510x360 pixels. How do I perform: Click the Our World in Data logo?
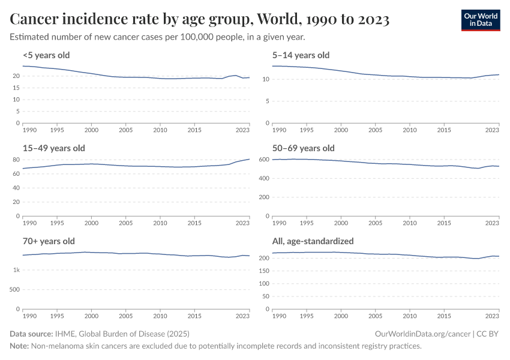pyautogui.click(x=480, y=20)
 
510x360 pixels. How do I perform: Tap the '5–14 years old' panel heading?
pyautogui.click(x=301, y=55)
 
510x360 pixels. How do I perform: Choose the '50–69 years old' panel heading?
pyautogui.click(x=303, y=148)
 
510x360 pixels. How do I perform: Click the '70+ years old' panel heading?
pyautogui.click(x=49, y=241)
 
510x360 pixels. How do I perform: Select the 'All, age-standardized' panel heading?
pyautogui.click(x=313, y=241)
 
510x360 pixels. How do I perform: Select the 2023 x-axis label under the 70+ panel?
pyautogui.click(x=242, y=316)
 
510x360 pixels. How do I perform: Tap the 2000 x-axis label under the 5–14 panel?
pyautogui.click(x=341, y=130)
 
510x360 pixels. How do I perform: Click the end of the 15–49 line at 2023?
pyautogui.click(x=249, y=159)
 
